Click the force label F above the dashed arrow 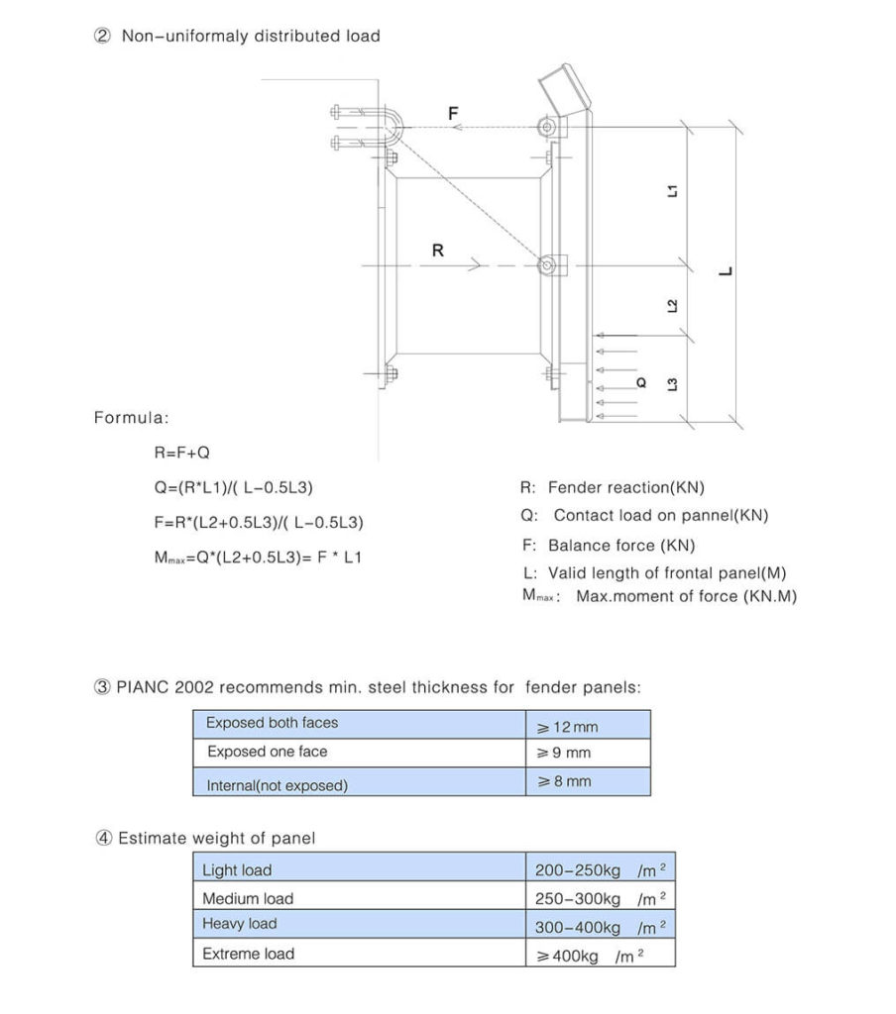[x=453, y=114]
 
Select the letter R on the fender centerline [x=437, y=252]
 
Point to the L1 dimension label [x=673, y=191]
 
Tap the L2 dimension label [x=673, y=306]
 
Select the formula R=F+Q [x=182, y=453]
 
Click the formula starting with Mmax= [x=258, y=558]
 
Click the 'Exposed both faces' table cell [x=272, y=723]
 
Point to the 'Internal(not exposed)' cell [x=277, y=785]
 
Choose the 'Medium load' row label [x=248, y=899]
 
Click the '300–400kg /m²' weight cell [x=600, y=928]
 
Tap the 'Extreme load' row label [x=248, y=954]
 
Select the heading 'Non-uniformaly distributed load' [x=250, y=36]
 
